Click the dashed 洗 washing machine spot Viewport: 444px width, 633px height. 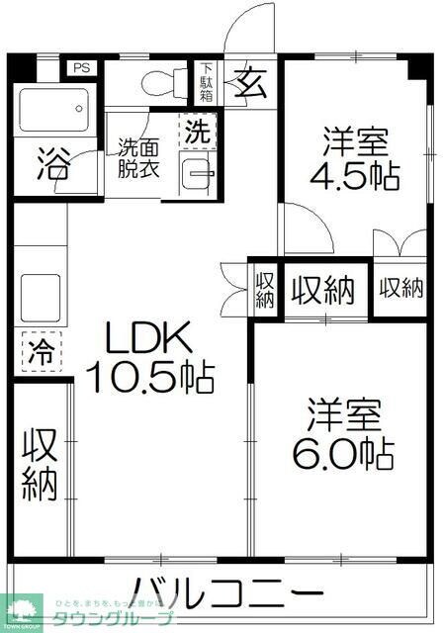click(198, 131)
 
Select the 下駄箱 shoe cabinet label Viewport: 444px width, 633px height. click(207, 81)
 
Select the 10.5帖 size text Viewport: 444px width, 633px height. click(149, 377)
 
